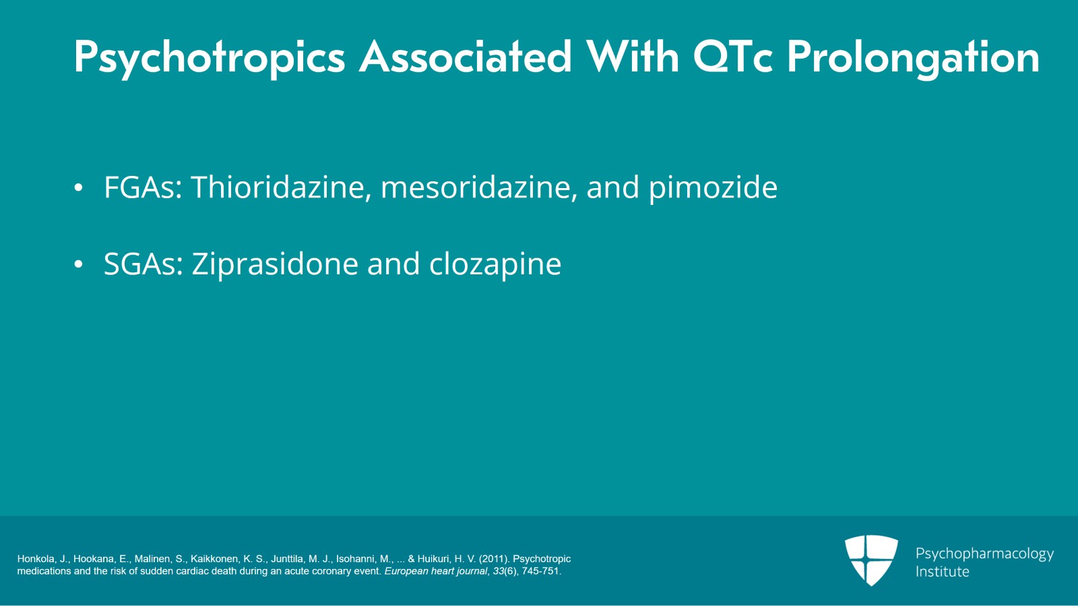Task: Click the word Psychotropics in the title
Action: (209, 58)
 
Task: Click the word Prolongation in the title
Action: (913, 58)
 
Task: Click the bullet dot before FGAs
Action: (79, 188)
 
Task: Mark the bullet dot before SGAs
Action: (79, 265)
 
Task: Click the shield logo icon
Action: (871, 559)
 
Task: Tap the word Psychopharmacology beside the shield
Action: (984, 554)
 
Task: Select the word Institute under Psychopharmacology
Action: (942, 572)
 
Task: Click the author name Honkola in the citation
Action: (36, 559)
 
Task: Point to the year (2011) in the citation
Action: (494, 559)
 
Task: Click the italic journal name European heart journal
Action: (435, 571)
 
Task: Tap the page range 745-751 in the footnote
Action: (540, 571)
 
